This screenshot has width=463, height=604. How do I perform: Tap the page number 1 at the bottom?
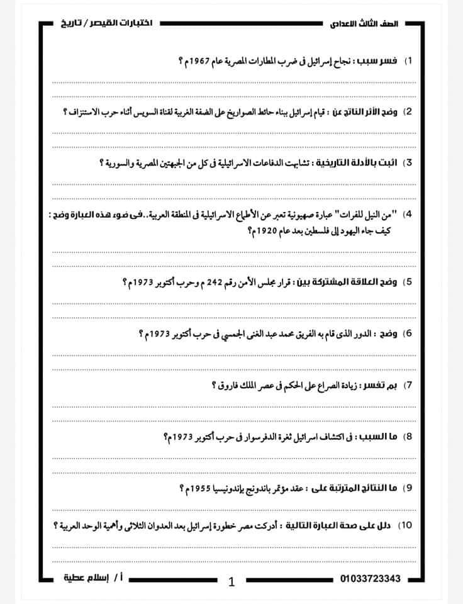[x=231, y=583]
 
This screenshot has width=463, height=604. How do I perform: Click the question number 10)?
[x=405, y=525]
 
